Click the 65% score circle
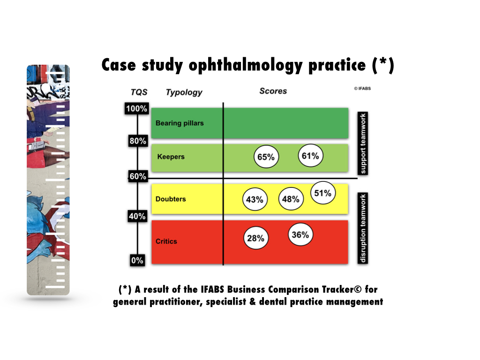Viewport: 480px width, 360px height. click(x=266, y=157)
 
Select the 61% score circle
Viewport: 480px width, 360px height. click(x=310, y=156)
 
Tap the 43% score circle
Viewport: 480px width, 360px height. click(x=255, y=199)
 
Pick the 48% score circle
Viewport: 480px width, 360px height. click(x=291, y=199)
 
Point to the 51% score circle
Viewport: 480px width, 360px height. click(x=323, y=193)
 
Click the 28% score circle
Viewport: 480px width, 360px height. click(x=255, y=238)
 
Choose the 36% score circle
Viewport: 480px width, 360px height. click(x=300, y=234)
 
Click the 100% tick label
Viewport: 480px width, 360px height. click(x=136, y=108)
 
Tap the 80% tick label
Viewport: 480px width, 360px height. click(x=138, y=141)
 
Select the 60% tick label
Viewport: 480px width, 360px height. click(x=138, y=176)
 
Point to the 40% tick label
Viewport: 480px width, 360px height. click(x=137, y=216)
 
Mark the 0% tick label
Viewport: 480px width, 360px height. click(x=137, y=260)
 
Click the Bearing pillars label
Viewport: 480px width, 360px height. click(x=180, y=123)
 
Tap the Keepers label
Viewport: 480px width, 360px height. click(x=171, y=157)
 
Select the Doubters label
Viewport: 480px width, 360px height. click(x=171, y=199)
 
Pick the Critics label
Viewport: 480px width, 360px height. click(x=166, y=241)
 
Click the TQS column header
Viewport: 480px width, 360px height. click(x=139, y=92)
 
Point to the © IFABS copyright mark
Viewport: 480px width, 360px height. click(x=362, y=89)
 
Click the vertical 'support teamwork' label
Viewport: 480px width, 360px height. click(x=363, y=143)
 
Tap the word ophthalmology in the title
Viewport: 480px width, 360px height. click(x=246, y=65)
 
